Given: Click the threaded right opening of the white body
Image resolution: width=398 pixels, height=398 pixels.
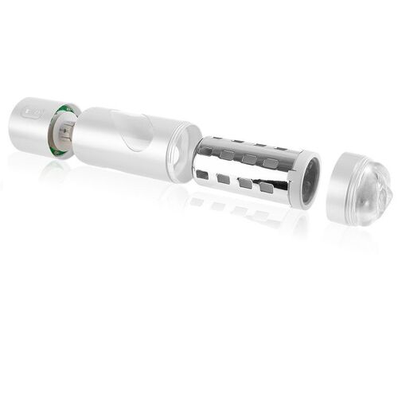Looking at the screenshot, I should pos(185,150).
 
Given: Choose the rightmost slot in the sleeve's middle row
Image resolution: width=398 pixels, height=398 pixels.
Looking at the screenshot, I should pos(271,163).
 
